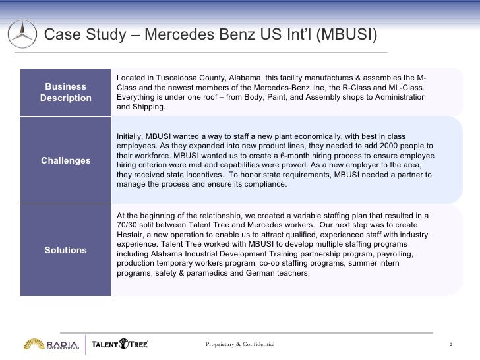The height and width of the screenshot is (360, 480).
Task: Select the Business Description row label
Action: point(65,92)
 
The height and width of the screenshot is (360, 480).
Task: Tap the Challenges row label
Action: point(65,160)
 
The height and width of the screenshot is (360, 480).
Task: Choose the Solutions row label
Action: point(65,250)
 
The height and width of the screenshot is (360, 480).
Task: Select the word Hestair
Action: point(131,235)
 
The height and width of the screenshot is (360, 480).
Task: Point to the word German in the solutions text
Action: point(257,272)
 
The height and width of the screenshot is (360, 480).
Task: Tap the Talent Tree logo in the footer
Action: point(119,345)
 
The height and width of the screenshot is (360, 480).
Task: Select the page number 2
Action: point(450,345)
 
